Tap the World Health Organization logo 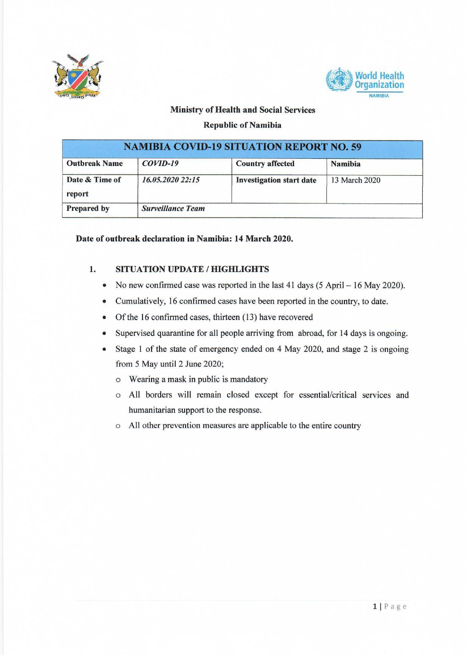pyautogui.click(x=365, y=82)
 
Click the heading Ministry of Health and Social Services pyautogui.click(x=242, y=110)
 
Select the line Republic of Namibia pyautogui.click(x=242, y=125)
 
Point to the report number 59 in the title pyautogui.click(x=356, y=147)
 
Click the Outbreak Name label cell pyautogui.click(x=94, y=164)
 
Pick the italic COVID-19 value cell pyautogui.click(x=160, y=164)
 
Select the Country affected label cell pyautogui.click(x=265, y=164)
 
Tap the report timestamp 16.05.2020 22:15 pyautogui.click(x=170, y=180)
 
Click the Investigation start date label pyautogui.click(x=276, y=180)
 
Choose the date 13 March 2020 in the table pyautogui.click(x=355, y=180)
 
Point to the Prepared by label pyautogui.click(x=88, y=208)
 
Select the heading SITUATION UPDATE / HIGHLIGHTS pyautogui.click(x=192, y=269)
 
